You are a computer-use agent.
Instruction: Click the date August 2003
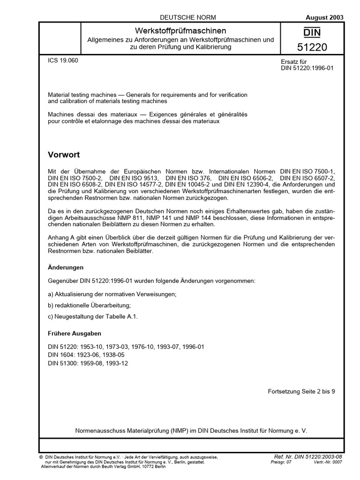coord(324,17)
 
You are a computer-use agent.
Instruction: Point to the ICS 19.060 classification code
coord(63,61)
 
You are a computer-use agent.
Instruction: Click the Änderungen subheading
coord(66,267)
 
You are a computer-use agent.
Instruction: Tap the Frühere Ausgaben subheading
coord(75,335)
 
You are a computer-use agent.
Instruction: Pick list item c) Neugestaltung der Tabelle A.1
coord(93,316)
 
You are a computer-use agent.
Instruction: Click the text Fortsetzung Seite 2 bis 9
coord(301,390)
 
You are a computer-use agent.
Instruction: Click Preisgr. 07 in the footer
coord(281,462)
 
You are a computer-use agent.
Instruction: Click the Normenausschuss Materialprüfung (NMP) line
coord(191,430)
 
